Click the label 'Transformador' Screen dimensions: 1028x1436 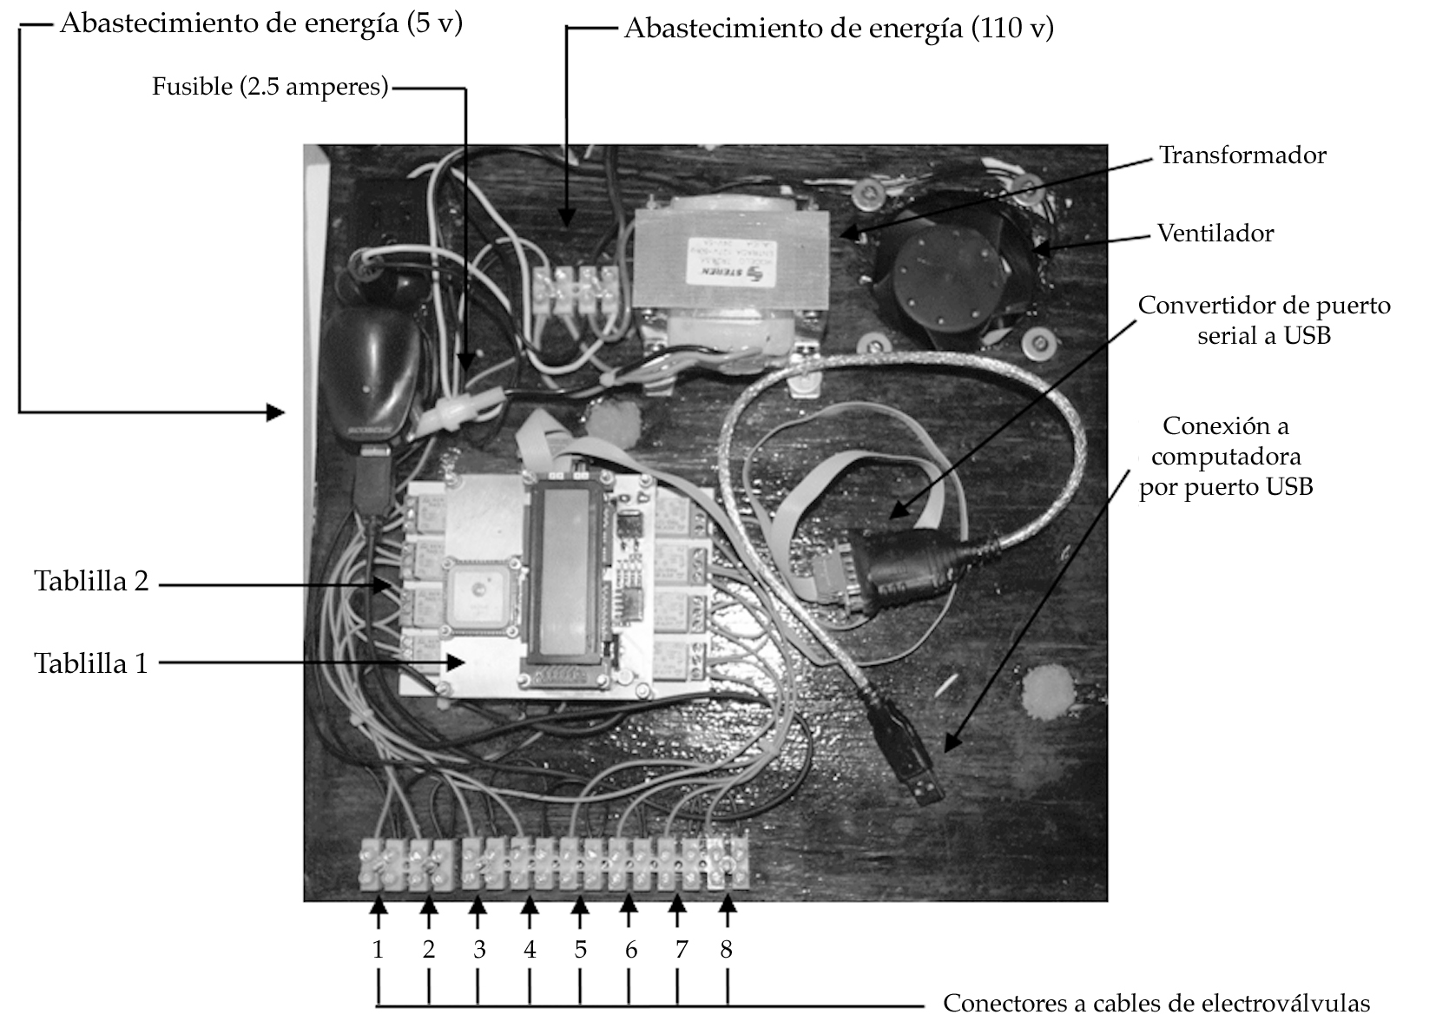coord(1242,155)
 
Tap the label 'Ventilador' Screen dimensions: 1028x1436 coord(1215,234)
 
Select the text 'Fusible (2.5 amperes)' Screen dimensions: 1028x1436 coord(270,87)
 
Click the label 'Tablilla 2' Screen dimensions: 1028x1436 coord(91,581)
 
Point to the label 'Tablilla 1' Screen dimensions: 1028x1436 coord(91,663)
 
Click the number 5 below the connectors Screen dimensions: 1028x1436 coord(580,950)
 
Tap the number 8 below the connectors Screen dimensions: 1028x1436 coord(727,950)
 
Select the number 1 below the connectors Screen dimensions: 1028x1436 coord(378,950)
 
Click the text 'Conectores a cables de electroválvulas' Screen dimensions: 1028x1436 coord(1156,1004)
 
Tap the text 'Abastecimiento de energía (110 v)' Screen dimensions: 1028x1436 coord(838,29)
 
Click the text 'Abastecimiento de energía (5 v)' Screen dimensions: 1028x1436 coord(261,23)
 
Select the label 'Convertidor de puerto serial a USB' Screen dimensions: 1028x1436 coord(1263,320)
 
